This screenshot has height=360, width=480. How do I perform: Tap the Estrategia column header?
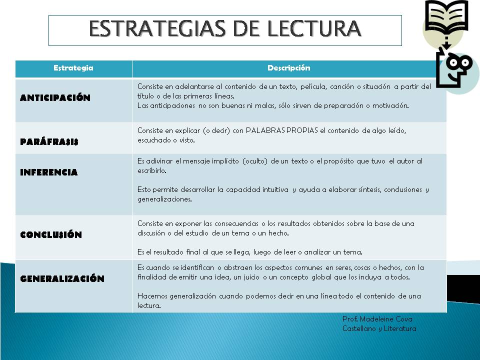point(73,68)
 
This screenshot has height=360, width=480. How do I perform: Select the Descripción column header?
point(288,68)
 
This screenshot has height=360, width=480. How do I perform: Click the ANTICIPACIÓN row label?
point(55,98)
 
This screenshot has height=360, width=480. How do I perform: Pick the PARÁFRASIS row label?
point(49,141)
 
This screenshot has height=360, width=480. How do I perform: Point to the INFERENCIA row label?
point(48,172)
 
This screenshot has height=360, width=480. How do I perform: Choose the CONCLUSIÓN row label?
point(50,234)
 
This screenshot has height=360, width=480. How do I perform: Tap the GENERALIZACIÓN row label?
point(62,279)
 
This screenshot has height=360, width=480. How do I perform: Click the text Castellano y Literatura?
point(379,328)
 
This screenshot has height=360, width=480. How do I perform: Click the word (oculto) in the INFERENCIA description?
point(254,161)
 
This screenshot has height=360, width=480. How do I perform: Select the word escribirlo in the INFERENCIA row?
point(152,170)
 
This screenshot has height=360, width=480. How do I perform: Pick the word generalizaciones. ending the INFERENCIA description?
point(164,199)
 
